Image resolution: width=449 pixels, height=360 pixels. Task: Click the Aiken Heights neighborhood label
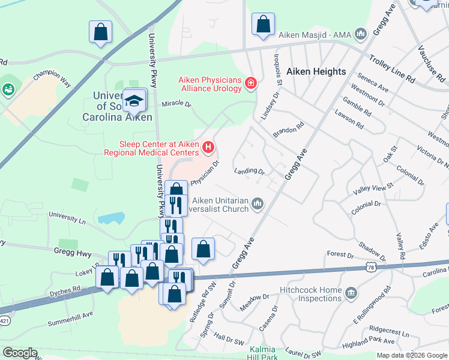point(316,71)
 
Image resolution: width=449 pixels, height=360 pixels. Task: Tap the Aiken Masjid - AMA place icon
point(361,34)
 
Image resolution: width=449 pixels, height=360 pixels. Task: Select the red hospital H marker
point(208,146)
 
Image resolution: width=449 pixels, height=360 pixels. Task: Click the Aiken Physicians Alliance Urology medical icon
point(250,83)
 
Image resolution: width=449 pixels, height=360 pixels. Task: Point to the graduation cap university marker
point(135,100)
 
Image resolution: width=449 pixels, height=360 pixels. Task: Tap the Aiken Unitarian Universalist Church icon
point(258,205)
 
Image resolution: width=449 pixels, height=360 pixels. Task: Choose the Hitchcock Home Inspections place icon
point(351,293)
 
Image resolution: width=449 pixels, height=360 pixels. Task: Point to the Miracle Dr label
point(176,104)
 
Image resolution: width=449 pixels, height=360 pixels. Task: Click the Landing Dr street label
point(250,171)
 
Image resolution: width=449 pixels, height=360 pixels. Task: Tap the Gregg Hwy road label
point(72,253)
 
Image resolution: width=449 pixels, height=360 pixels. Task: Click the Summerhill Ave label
point(71,314)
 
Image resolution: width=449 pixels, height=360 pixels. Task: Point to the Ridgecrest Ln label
point(388,332)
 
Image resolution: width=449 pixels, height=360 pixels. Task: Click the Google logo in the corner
point(20,352)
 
